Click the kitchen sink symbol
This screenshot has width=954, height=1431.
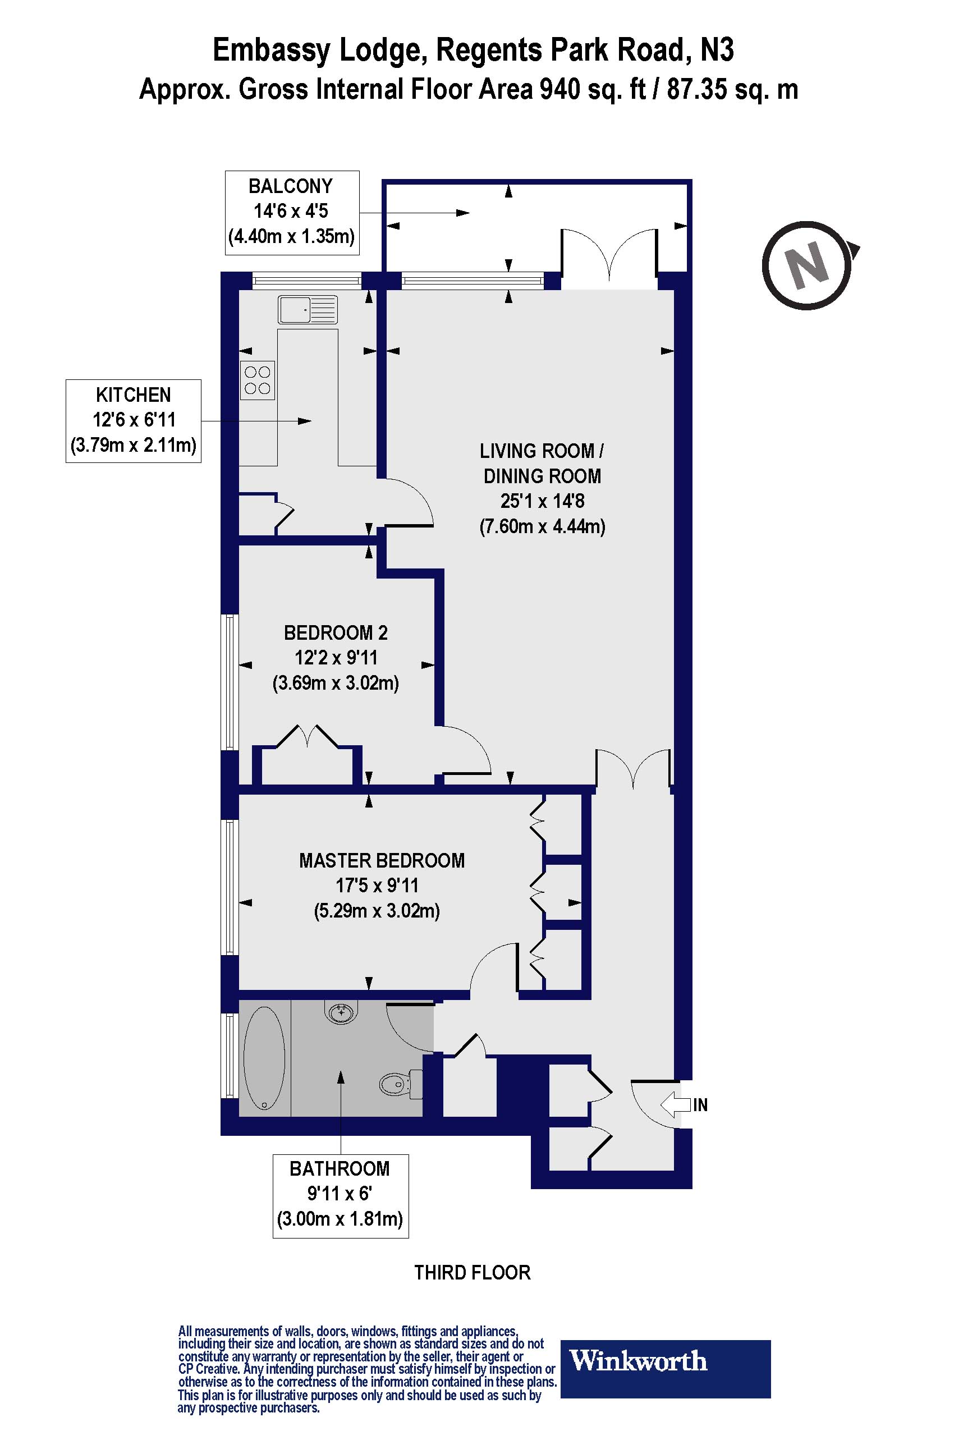point(308,310)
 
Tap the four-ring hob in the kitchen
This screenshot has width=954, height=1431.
point(258,380)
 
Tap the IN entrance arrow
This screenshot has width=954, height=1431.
point(676,1104)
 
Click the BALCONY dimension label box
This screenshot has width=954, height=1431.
point(292,212)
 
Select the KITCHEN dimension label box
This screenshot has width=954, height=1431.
point(133,421)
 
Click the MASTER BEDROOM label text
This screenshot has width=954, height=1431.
point(382,861)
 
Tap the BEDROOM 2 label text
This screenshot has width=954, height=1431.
point(335,633)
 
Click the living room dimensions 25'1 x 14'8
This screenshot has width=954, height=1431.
point(542,501)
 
